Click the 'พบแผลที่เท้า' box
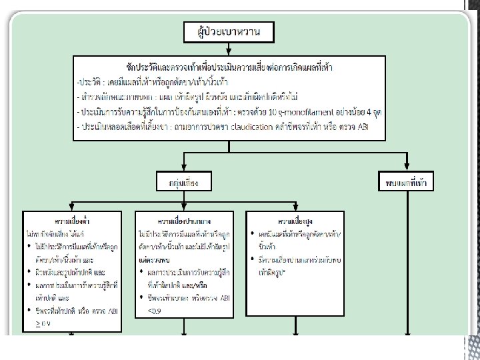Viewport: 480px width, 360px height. pyautogui.click(x=407, y=181)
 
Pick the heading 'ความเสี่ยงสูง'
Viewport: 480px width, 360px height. pyautogui.click(x=295, y=219)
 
